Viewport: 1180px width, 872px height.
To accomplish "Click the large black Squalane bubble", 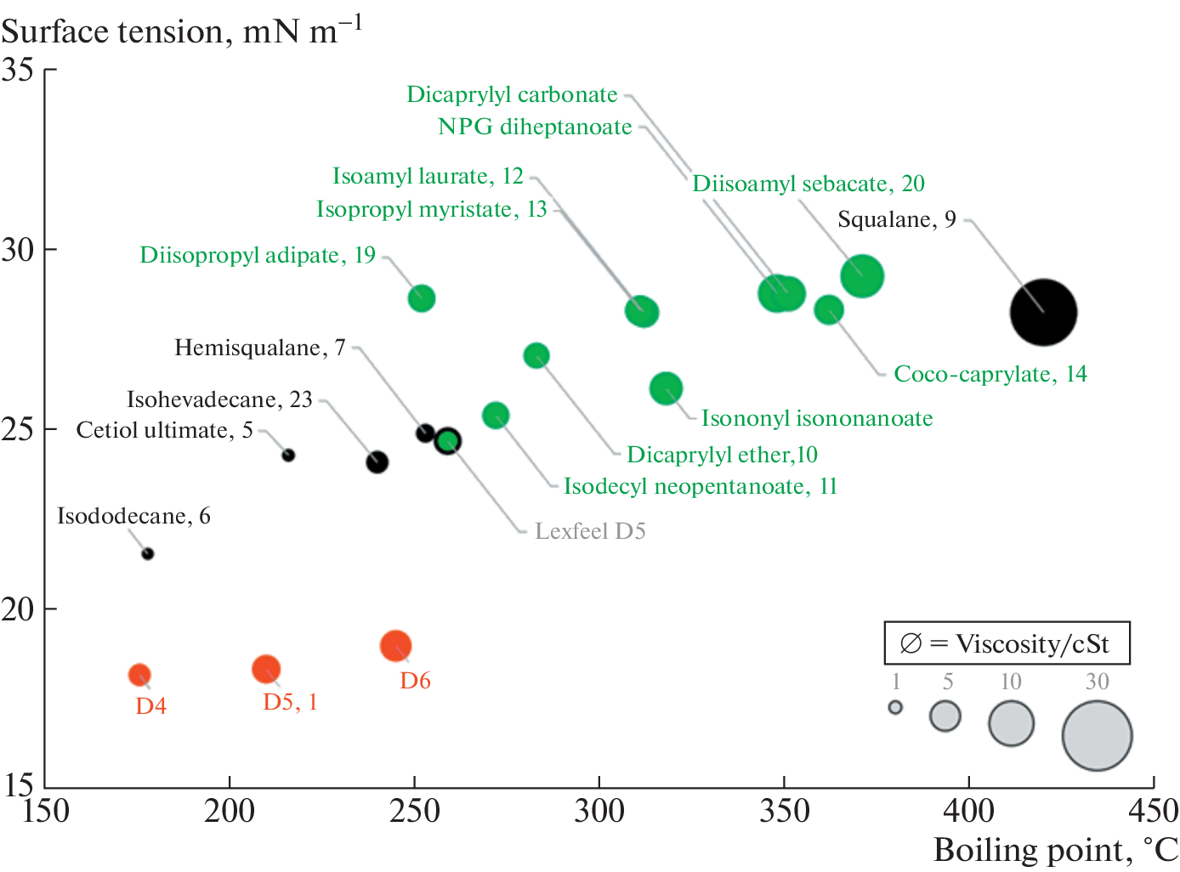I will [x=1043, y=313].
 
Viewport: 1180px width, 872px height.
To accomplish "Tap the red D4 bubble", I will [x=139, y=675].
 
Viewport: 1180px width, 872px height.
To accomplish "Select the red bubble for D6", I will [x=395, y=646].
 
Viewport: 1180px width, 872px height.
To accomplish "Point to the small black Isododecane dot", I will [x=147, y=554].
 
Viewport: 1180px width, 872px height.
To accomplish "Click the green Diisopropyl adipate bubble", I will [x=422, y=298].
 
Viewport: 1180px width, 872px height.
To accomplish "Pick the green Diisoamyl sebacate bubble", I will [x=862, y=276].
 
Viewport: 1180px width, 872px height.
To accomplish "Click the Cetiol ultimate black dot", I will [x=288, y=456].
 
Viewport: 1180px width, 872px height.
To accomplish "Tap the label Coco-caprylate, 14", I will [x=990, y=374].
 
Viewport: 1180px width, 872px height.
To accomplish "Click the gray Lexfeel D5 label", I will [x=590, y=531].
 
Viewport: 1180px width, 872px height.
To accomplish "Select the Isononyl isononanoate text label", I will [x=816, y=418].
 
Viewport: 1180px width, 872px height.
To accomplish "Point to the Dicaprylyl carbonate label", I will [x=512, y=94].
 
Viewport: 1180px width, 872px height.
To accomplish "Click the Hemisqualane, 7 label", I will [x=259, y=348].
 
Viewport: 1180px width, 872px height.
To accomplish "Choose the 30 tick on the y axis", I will [x=19, y=249].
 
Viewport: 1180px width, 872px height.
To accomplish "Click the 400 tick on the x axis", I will [x=968, y=811].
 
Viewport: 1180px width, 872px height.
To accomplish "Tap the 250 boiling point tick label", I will [x=415, y=811].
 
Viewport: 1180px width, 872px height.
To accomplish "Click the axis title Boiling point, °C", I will [x=1055, y=850].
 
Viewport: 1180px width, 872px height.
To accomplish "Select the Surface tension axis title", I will [x=182, y=31].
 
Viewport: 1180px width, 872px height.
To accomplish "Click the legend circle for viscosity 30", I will [x=1097, y=736].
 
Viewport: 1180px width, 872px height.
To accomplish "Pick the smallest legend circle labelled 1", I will [x=895, y=707].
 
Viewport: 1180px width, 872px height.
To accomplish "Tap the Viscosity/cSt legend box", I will [x=1007, y=643].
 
